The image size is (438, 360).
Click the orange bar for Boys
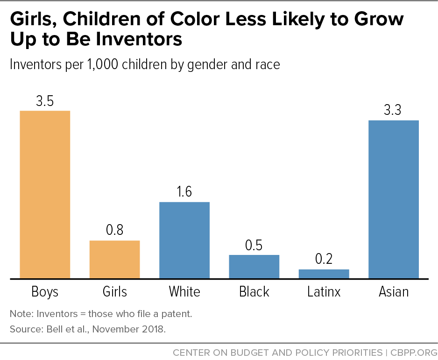[x=45, y=194]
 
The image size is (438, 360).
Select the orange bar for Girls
[x=114, y=259]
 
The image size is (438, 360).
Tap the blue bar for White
[x=184, y=240]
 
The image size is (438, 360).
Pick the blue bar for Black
[x=254, y=266]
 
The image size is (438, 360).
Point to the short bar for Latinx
[x=324, y=274]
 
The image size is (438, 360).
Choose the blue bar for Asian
[x=394, y=199]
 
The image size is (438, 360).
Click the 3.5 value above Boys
[x=45, y=101]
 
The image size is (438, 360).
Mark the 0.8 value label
[x=114, y=231]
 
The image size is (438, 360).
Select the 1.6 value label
[x=184, y=192]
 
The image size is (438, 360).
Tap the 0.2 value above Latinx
[x=324, y=260]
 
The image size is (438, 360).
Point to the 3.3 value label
[x=394, y=111]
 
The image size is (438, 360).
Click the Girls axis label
[x=114, y=292]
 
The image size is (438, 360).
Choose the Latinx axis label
[x=324, y=292]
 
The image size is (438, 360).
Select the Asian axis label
[x=394, y=292]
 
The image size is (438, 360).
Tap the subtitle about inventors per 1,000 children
[x=145, y=64]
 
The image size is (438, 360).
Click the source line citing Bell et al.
[x=88, y=329]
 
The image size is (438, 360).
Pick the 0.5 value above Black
[x=254, y=245]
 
